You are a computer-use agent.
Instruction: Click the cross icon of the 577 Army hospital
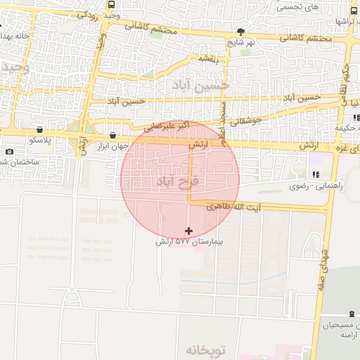188,231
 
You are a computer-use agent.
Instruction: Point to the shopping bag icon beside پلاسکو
39,130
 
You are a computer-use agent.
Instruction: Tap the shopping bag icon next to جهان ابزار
113,135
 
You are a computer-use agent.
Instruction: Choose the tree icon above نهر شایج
241,32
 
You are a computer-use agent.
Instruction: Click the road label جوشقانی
246,121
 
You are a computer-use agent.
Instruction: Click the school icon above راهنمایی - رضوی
314,174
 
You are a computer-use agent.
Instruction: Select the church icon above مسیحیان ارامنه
352,315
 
